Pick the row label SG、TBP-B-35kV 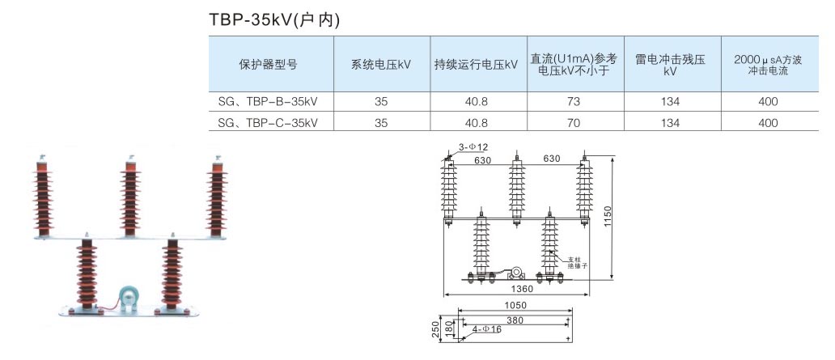pyautogui.click(x=268, y=102)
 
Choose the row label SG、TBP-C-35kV pyautogui.click(x=268, y=123)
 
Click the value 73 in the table pyautogui.click(x=574, y=102)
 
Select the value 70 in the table pyautogui.click(x=574, y=123)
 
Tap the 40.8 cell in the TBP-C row pyautogui.click(x=476, y=123)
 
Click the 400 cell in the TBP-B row pyautogui.click(x=768, y=102)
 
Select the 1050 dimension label pyautogui.click(x=515, y=306)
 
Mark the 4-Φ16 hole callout pyautogui.click(x=487, y=329)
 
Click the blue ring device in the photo pyautogui.click(x=127, y=297)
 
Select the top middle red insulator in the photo pyautogui.click(x=129, y=195)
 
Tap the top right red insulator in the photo pyautogui.click(x=217, y=193)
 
